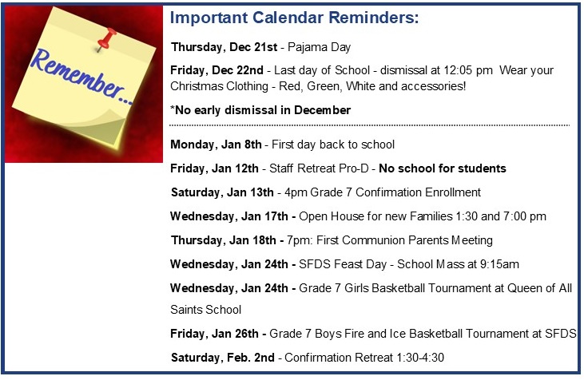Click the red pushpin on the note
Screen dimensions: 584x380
(x=105, y=39)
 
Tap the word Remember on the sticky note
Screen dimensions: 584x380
(x=80, y=76)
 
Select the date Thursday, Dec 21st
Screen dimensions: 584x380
(x=224, y=47)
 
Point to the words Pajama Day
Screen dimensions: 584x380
(x=320, y=47)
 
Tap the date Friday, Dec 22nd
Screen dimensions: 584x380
(x=217, y=70)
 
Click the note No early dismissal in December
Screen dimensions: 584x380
(x=260, y=110)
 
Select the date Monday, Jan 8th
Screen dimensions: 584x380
(x=216, y=144)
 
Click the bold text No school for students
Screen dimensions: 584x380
(x=443, y=168)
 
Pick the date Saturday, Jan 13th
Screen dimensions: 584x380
(x=222, y=192)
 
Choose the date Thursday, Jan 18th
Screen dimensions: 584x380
(x=224, y=240)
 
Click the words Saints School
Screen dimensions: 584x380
(x=205, y=310)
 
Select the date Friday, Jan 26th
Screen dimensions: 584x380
(x=214, y=334)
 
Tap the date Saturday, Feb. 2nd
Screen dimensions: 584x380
(x=223, y=358)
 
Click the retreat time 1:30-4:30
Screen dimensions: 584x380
(x=420, y=358)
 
